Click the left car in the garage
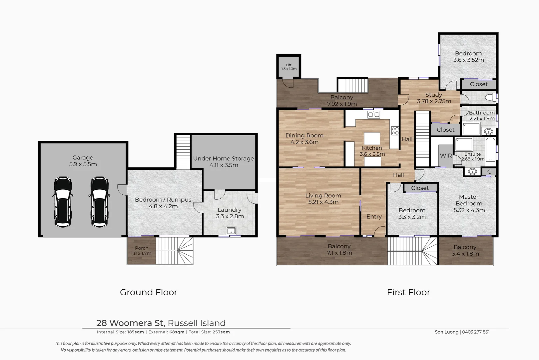63,202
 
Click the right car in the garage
99,202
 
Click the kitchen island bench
372,138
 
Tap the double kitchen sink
374,115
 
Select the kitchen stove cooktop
395,130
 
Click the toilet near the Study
489,97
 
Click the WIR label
446,156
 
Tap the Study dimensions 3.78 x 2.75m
434,101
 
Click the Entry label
374,217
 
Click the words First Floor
408,292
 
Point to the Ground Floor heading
149,292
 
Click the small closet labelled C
489,172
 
